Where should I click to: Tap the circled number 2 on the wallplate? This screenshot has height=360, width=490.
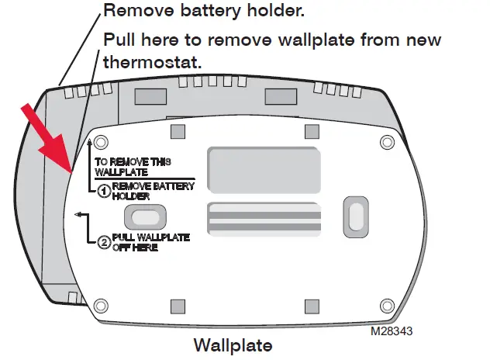[x=102, y=241]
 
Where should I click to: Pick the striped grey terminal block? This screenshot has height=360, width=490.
[x=263, y=219]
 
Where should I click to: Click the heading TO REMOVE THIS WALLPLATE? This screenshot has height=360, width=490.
[x=133, y=166]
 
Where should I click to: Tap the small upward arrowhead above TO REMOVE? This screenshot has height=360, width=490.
[x=91, y=142]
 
